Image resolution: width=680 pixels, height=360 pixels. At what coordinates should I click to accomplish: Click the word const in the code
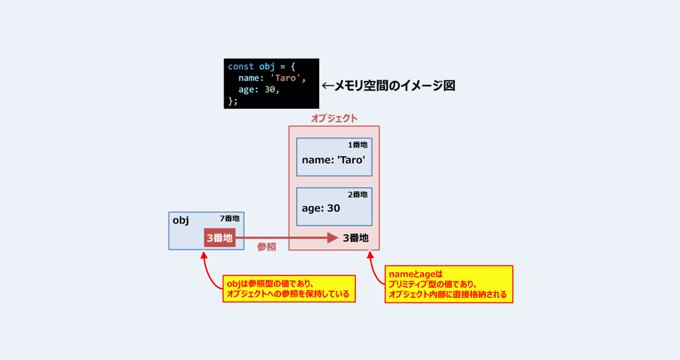point(241,66)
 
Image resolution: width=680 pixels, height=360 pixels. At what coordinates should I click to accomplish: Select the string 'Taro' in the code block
point(286,78)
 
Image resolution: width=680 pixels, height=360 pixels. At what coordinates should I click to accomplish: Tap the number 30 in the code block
point(270,90)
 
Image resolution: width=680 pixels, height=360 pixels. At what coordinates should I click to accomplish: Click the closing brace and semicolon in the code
point(232,101)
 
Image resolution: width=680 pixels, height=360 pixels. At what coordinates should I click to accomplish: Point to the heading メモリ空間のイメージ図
point(394,86)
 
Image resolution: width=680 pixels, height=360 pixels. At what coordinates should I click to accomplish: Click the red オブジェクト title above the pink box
point(334,118)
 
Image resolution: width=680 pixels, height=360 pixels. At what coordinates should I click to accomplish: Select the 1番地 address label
point(358,145)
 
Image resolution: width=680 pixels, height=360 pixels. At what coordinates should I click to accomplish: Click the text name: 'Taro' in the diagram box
point(333,160)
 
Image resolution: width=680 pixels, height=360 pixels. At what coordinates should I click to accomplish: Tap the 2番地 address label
point(358,194)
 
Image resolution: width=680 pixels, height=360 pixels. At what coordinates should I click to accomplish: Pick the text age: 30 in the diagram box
point(321,208)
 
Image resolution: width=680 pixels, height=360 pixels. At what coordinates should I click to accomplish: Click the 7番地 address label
point(229,218)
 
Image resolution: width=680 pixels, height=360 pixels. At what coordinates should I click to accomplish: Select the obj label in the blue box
point(181,221)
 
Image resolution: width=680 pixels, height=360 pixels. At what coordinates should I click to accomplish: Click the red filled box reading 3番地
point(220,238)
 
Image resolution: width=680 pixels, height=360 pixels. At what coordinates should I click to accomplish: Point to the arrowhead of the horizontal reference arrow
point(333,238)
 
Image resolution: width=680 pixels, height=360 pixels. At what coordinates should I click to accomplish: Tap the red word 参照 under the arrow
point(266,247)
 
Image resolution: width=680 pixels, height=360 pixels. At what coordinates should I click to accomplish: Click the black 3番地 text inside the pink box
point(356,238)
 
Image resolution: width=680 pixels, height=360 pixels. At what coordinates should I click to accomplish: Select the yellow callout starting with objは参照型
point(289,289)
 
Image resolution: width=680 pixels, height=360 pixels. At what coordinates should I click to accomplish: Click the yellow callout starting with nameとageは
point(449,285)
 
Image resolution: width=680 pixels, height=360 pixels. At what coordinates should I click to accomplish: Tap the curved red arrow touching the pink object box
point(373,270)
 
